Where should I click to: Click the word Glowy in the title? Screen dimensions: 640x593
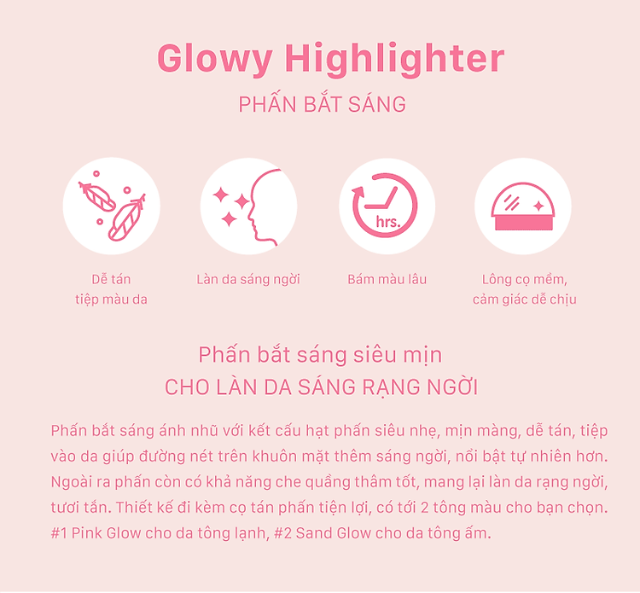[x=215, y=59]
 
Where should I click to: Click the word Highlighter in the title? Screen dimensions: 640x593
[x=394, y=59]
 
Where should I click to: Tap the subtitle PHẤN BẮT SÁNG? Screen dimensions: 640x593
[x=322, y=103]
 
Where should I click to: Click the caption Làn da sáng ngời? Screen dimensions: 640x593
[x=248, y=280]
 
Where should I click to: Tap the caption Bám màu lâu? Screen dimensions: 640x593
[x=387, y=280]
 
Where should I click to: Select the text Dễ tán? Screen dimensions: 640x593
[x=111, y=280]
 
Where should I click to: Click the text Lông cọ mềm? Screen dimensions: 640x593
[x=525, y=280]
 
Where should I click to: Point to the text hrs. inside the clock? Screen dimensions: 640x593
[x=388, y=222]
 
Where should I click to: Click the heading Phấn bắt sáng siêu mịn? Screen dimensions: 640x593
[x=320, y=355]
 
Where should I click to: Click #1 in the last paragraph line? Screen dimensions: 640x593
[x=59, y=533]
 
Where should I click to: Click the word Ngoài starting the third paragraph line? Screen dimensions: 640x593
[x=67, y=482]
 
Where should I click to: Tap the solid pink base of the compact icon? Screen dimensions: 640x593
[x=523, y=224]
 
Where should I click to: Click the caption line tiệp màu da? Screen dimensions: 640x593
[x=111, y=299]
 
